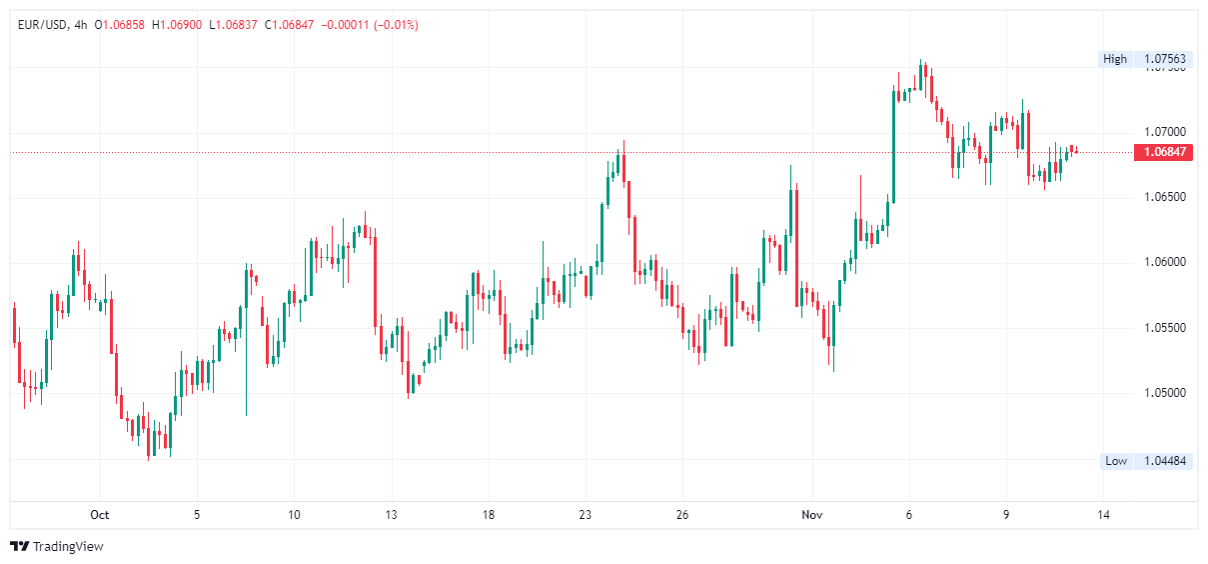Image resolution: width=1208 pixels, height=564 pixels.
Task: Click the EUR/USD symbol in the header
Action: point(42,24)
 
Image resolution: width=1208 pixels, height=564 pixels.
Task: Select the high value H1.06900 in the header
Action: point(175,24)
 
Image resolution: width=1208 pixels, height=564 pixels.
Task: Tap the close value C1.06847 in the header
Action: point(289,24)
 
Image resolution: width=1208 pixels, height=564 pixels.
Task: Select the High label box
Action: point(1115,59)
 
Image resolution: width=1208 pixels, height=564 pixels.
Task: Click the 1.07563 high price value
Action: point(1164,59)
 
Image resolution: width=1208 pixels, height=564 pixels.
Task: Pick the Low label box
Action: point(1116,461)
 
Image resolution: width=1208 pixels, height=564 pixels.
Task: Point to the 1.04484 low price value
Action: point(1164,461)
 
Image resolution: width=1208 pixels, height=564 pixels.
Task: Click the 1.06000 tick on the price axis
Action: point(1164,263)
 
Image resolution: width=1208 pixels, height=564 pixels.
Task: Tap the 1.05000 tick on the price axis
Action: point(1164,393)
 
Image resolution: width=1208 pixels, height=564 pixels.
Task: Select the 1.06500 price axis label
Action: point(1164,197)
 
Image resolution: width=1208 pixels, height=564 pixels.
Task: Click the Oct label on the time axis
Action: point(99,516)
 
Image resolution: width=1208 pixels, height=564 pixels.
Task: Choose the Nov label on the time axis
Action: point(812,516)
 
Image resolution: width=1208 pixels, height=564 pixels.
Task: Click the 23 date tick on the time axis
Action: point(586,516)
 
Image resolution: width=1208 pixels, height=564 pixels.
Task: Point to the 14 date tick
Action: point(1103,516)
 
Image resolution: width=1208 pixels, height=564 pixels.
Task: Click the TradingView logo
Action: point(57,547)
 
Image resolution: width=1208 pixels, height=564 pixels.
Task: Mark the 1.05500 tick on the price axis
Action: point(1164,328)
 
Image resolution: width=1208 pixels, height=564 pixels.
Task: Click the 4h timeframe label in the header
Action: point(80,24)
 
